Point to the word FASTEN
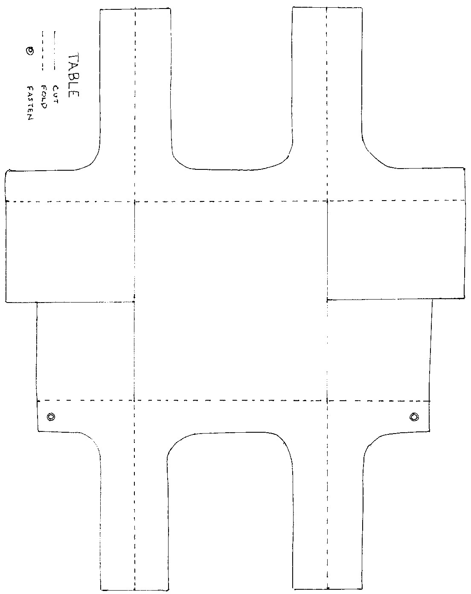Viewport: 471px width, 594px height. pos(30,103)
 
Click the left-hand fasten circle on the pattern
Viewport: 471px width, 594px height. pos(51,416)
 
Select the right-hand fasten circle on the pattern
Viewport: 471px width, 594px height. pos(414,416)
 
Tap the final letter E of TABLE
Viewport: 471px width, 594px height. pos(74,94)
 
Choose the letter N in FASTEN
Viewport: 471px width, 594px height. pos(30,118)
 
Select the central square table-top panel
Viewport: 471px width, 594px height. pos(231,301)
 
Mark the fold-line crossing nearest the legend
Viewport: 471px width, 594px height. pos(134,201)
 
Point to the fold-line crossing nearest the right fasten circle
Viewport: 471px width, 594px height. pos(327,401)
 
